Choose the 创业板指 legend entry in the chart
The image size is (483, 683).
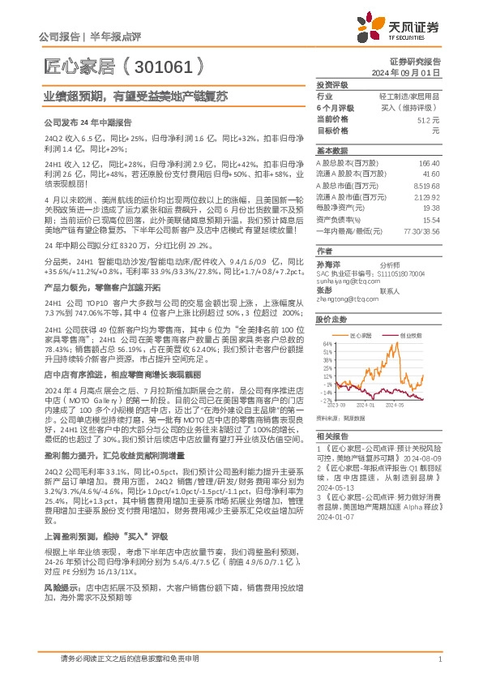pyautogui.click(x=411, y=333)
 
